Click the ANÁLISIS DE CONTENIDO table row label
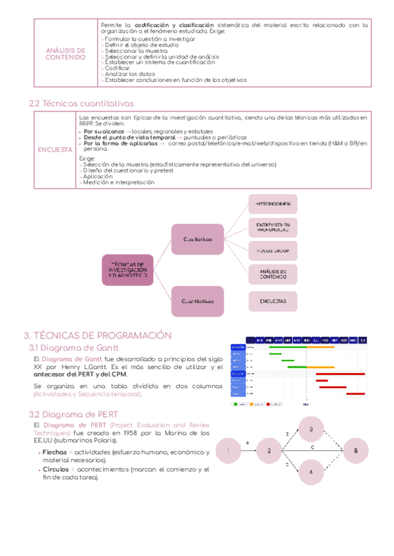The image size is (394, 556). (65, 53)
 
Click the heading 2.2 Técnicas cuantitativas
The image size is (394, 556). (82, 103)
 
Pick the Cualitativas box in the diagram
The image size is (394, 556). (198, 240)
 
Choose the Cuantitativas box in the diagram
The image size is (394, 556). (198, 301)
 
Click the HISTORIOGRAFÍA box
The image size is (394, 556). (273, 204)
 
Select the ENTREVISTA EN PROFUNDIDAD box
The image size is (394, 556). (273, 227)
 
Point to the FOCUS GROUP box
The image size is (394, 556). (273, 250)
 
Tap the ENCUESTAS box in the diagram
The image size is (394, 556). (273, 301)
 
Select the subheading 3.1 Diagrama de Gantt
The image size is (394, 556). (72, 347)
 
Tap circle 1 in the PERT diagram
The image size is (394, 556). (228, 450)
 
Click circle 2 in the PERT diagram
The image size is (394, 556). (269, 451)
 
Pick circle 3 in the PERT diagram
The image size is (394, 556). (311, 429)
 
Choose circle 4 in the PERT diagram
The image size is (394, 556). (311, 472)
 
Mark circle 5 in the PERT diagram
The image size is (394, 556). (356, 451)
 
